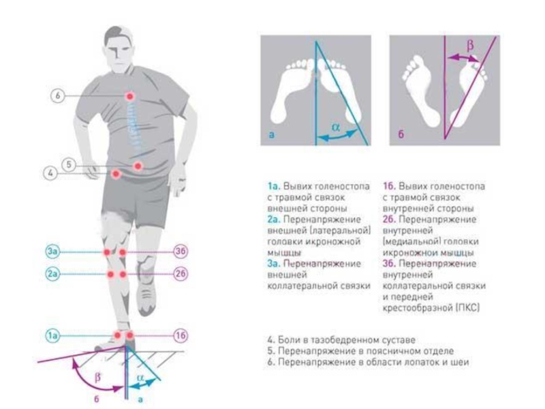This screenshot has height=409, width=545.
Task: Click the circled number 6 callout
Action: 58,95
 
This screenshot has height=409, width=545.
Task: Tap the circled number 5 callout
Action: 69,164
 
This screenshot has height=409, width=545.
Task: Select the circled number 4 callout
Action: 50,173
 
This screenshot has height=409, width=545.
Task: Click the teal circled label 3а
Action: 52,251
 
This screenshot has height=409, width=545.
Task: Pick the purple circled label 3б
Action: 181,251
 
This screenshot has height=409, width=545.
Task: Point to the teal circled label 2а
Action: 52,274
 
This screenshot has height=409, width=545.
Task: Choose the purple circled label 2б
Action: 181,274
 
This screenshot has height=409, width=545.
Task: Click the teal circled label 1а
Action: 52,335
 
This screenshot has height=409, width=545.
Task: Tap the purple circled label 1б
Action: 181,335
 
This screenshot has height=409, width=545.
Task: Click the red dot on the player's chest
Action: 130,96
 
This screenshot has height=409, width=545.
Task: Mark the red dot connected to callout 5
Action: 138,166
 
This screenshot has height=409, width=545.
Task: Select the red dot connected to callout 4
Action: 116,174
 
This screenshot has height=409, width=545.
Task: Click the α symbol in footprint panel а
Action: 336,127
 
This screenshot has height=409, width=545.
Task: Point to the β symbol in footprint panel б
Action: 470,45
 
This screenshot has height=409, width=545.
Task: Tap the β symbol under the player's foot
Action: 98,377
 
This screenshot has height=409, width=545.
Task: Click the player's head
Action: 119,48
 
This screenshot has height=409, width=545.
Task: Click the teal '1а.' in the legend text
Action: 275,186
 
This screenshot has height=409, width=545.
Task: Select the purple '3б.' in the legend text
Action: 390,264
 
